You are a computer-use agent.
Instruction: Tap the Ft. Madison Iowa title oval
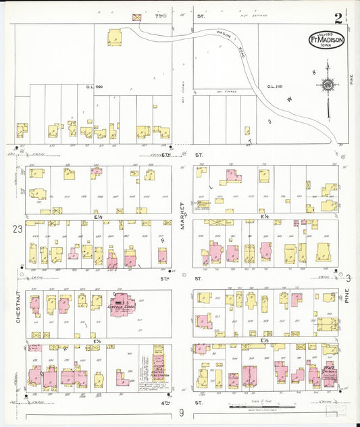(327, 40)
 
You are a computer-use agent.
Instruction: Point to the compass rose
(328, 85)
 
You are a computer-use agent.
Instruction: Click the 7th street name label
(159, 14)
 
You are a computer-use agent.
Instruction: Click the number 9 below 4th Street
(181, 413)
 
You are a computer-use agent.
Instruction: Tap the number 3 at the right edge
(349, 277)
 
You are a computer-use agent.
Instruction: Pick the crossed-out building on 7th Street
(138, 16)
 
